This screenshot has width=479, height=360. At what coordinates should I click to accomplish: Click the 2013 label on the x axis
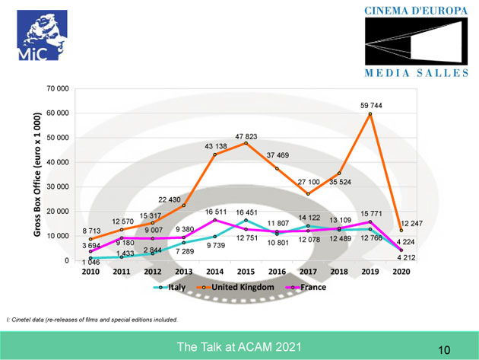[183, 272]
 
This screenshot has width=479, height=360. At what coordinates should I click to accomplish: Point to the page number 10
[444, 349]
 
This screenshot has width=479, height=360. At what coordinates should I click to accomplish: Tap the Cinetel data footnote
[92, 320]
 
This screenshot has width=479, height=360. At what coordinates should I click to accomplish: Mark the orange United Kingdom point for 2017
[309, 193]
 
